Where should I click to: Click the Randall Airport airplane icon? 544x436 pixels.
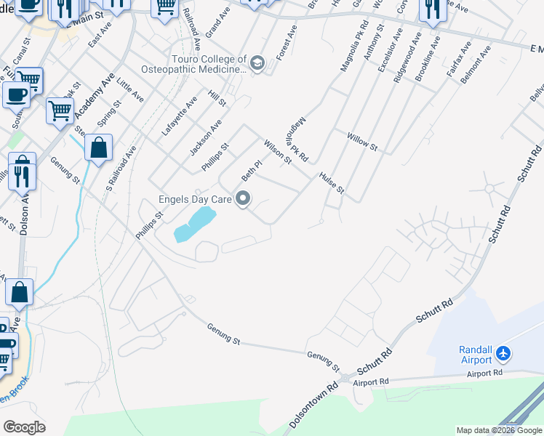[503, 355]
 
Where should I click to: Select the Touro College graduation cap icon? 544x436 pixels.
[257, 64]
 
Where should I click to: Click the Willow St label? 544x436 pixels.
[362, 141]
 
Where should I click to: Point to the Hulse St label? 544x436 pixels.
[330, 183]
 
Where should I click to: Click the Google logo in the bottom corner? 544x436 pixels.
[24, 427]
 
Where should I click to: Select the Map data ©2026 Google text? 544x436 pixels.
[500, 430]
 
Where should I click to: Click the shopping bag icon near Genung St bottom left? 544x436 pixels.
[20, 293]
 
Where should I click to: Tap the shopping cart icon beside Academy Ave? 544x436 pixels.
[59, 110]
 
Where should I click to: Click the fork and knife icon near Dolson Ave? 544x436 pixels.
[22, 172]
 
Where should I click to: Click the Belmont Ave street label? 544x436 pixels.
[476, 65]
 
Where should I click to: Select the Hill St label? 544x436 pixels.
[217, 99]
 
